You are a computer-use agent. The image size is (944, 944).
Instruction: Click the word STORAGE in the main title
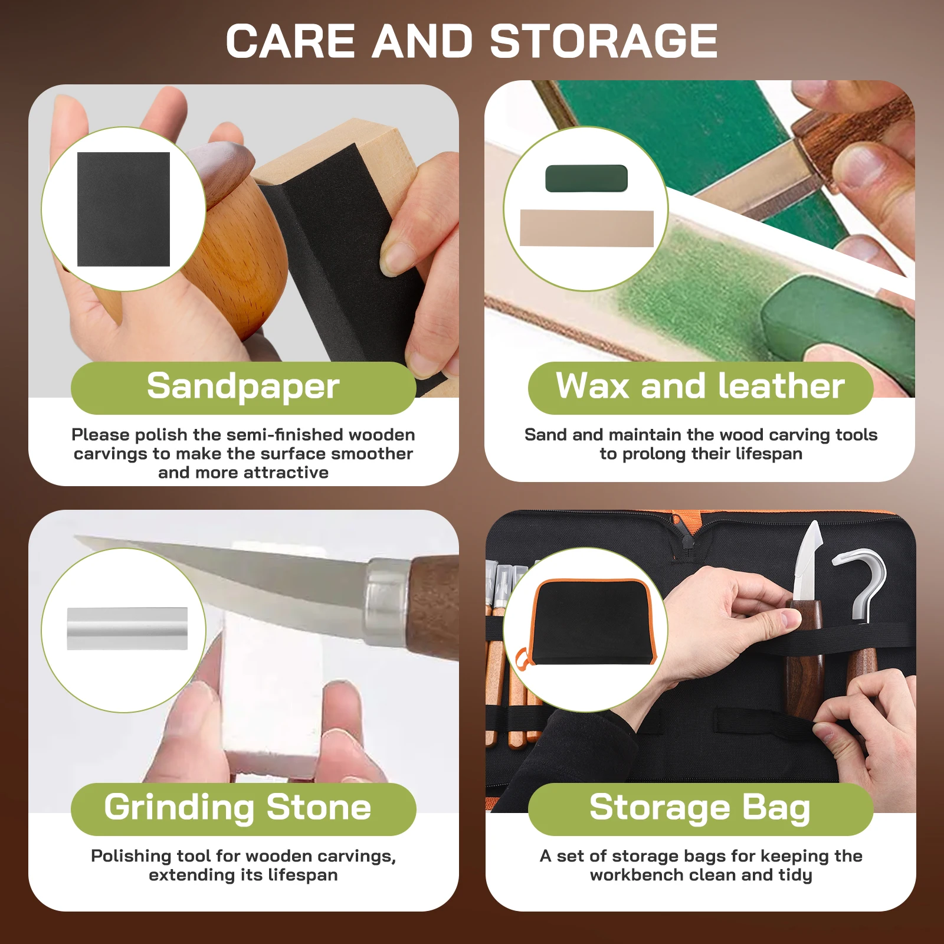point(604,41)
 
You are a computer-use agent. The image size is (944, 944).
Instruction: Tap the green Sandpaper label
point(243,388)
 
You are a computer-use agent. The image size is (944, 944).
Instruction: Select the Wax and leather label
point(700,388)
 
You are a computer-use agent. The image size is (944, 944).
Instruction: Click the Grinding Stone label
point(243,809)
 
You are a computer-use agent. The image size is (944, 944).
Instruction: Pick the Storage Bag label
point(700,809)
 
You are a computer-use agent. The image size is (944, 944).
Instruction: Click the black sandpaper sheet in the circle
point(123,209)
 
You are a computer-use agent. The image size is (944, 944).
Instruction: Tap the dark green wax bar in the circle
point(586,178)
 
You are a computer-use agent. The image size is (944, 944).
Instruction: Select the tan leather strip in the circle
point(586,228)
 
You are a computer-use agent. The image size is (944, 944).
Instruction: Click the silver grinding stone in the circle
point(127,628)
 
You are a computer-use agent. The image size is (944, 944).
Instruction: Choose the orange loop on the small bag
point(522,658)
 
